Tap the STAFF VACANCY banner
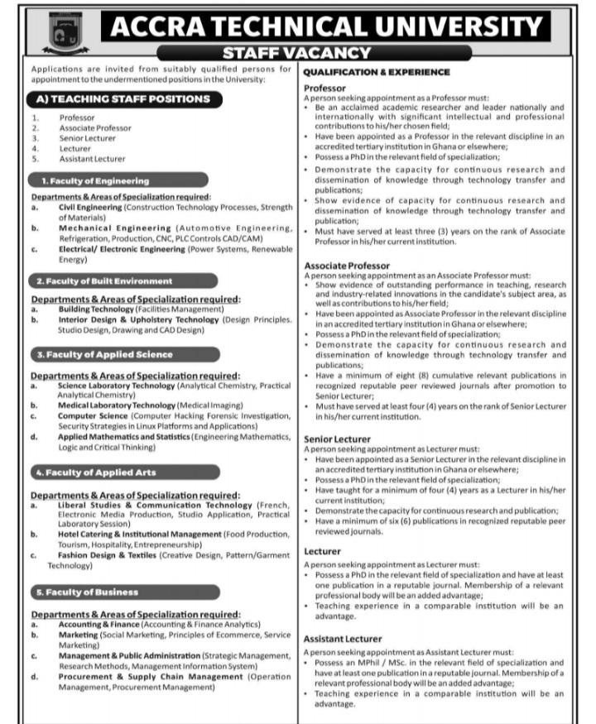pos(298,54)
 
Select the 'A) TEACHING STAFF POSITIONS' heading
pos(124,98)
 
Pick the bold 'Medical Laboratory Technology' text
pos(116,405)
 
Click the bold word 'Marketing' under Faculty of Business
pos(78,635)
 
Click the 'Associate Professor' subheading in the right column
pos(346,266)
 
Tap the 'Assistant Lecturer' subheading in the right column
pos(343,639)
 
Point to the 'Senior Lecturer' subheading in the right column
pos(337,439)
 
